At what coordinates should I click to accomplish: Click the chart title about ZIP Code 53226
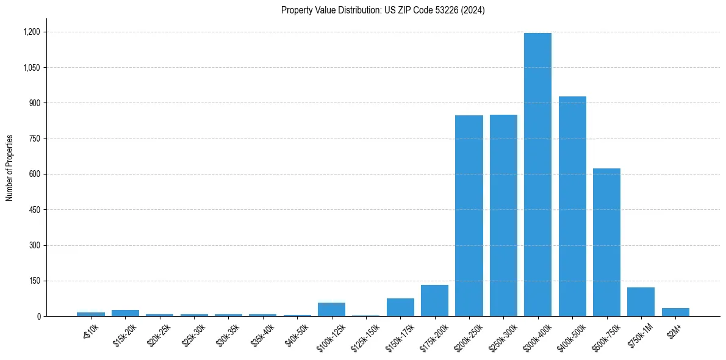point(383,10)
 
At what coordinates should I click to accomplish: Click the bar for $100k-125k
point(331,309)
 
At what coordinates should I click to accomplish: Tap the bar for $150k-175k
point(400,308)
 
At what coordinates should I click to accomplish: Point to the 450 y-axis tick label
point(35,210)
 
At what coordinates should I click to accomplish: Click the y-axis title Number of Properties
point(10,168)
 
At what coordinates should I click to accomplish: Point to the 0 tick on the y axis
point(38,317)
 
